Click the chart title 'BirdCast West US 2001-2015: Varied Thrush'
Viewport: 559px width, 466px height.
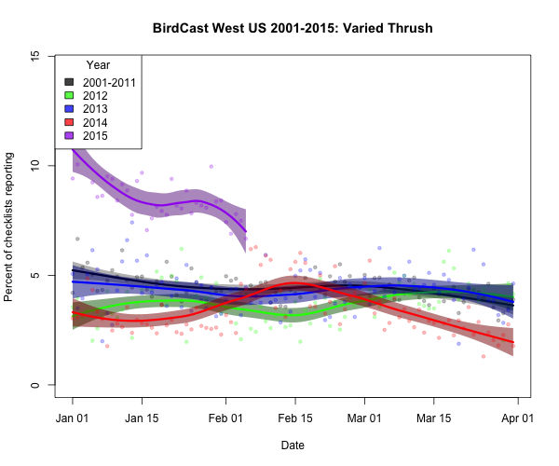293,28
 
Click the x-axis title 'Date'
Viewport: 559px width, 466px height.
293,445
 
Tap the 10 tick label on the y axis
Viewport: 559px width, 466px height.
34,166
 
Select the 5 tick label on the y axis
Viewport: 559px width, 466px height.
34,276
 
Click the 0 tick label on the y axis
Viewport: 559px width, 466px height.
34,386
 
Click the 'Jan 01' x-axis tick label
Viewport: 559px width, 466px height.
73,418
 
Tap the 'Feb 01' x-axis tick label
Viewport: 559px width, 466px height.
225,418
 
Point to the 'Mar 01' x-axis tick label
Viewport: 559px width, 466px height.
363,418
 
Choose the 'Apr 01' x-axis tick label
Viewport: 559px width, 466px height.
515,418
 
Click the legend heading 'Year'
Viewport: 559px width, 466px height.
98,65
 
